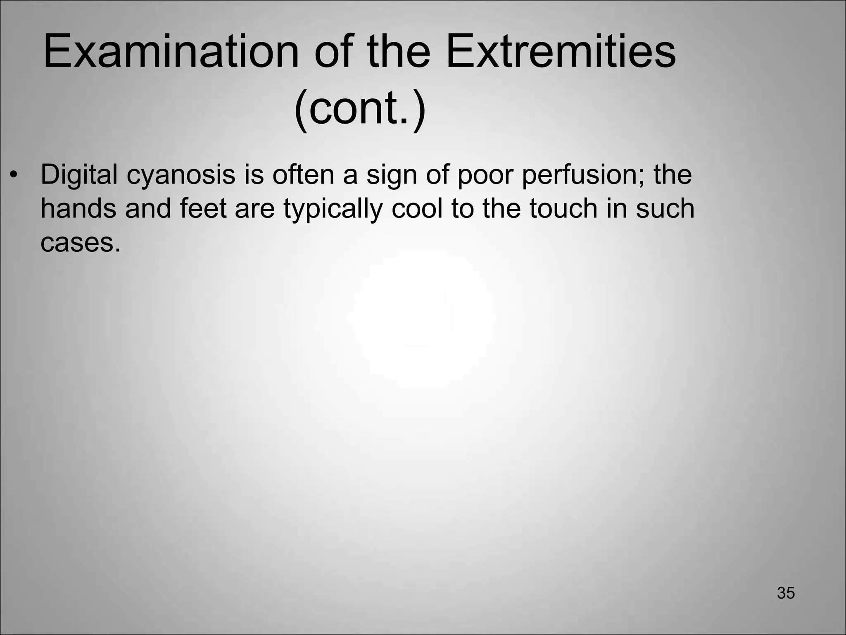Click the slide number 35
(786, 593)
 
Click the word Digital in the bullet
(79, 175)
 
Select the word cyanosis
(181, 175)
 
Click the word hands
(78, 209)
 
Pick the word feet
(203, 209)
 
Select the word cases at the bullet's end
(81, 243)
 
